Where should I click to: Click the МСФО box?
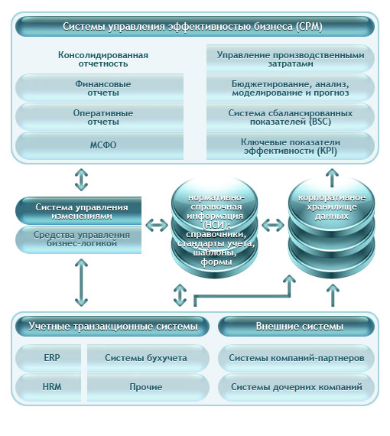click(99, 145)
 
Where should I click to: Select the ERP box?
click(48, 358)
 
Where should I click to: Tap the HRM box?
click(48, 387)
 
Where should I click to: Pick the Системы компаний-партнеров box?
click(296, 358)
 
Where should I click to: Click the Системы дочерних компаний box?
click(296, 387)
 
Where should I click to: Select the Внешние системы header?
click(296, 326)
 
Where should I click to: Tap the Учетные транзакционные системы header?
click(112, 326)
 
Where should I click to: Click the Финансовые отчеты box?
click(99, 88)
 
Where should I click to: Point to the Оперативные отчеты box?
click(99, 117)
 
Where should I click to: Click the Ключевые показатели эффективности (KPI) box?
click(291, 146)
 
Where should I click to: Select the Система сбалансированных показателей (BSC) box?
click(291, 117)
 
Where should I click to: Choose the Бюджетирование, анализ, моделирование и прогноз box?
click(291, 88)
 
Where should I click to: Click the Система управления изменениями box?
click(79, 211)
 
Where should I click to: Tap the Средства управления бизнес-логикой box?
click(79, 239)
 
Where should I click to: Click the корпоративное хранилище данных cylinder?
click(331, 227)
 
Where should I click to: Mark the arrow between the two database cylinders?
click(273, 225)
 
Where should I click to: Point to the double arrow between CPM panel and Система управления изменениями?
click(82, 180)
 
